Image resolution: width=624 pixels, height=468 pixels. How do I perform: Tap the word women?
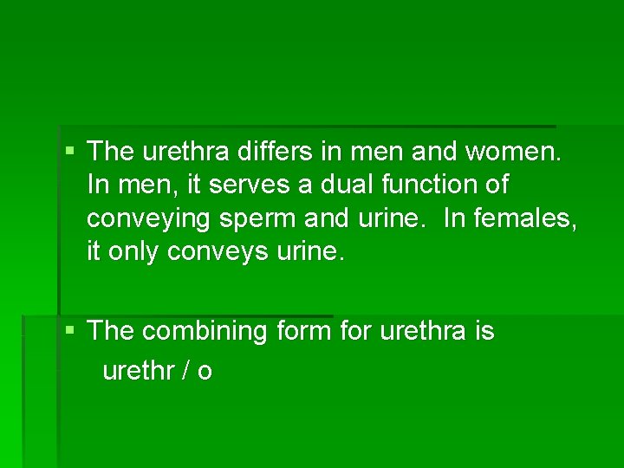pos(514,153)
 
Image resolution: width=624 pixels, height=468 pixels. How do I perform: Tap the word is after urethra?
pos(484,331)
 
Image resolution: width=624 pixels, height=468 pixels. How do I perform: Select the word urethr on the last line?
pos(138,371)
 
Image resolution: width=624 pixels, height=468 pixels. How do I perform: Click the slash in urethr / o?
pos(186,371)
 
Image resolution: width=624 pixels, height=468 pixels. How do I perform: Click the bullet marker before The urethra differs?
pos(69,152)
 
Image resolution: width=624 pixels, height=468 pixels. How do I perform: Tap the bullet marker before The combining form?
pos(69,330)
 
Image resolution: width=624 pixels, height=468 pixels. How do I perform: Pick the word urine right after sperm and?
pos(389,219)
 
